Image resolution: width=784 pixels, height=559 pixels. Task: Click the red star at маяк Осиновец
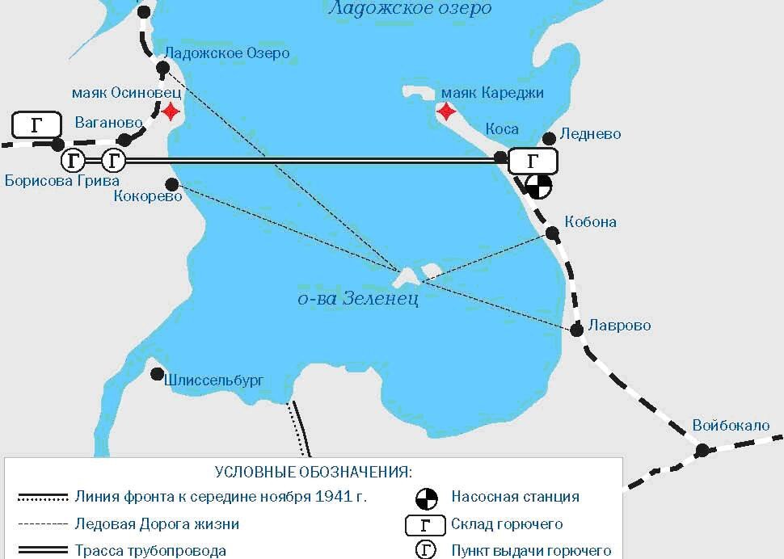click(x=171, y=111)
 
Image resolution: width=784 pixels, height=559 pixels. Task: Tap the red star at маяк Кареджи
click(x=445, y=111)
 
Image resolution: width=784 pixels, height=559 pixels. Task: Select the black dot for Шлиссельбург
click(x=158, y=374)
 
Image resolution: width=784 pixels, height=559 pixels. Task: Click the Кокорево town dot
click(x=171, y=184)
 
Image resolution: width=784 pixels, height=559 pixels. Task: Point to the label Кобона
click(x=590, y=221)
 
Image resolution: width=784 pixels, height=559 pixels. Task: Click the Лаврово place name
click(x=620, y=326)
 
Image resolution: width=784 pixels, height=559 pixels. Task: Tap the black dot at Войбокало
click(x=702, y=450)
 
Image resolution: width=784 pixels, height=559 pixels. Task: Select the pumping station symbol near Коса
click(x=537, y=187)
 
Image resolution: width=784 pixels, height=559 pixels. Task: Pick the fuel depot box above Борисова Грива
click(x=37, y=125)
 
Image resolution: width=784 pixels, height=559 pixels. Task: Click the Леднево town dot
click(x=549, y=138)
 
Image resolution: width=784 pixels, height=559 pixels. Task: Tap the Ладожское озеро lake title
click(x=410, y=9)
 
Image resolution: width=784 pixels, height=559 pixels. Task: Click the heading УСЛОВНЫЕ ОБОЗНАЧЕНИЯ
click(x=313, y=472)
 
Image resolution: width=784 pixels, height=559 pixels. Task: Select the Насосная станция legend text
click(x=515, y=497)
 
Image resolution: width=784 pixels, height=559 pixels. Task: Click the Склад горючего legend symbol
click(x=425, y=524)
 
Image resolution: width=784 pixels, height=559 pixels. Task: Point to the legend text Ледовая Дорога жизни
click(x=157, y=523)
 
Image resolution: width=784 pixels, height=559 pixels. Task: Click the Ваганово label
click(x=108, y=123)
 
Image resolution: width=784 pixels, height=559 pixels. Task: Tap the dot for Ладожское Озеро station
click(x=162, y=69)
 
